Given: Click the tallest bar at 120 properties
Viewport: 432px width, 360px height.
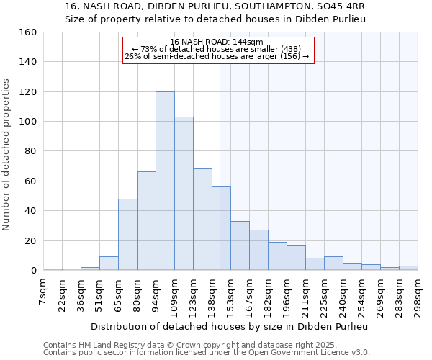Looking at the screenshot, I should coord(165,181).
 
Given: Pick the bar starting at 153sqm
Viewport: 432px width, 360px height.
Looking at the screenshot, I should coord(240,246).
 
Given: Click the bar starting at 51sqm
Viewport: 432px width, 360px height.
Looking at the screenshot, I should coord(109,264).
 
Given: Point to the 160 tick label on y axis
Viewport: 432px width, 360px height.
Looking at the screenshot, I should coord(28,32).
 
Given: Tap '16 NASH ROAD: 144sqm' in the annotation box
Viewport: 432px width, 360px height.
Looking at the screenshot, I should coord(217,42).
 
